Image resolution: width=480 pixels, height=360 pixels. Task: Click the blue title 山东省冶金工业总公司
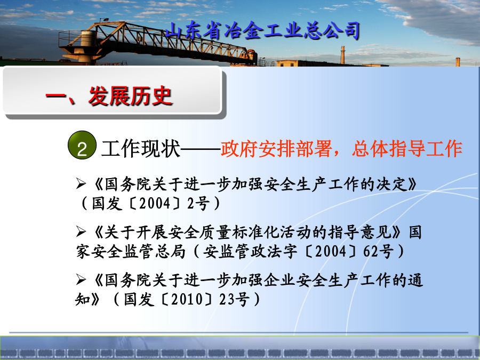tap(262, 31)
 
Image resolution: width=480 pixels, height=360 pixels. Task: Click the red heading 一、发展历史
tap(109, 96)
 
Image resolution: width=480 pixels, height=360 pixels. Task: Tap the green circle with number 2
tap(82, 145)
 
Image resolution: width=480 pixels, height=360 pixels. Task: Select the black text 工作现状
tap(140, 149)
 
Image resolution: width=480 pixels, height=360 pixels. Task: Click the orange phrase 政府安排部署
tap(276, 149)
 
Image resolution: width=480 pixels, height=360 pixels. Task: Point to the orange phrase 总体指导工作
tap(407, 149)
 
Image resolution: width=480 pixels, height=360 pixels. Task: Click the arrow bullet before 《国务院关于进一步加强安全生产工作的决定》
tap(81, 183)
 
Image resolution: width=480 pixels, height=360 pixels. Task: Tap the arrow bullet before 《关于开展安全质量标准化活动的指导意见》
tap(81, 231)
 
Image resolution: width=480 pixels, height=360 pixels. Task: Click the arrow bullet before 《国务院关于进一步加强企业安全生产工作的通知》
tap(81, 279)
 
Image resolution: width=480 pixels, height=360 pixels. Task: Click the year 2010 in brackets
tap(187, 299)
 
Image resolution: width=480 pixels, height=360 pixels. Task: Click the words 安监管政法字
tap(250, 251)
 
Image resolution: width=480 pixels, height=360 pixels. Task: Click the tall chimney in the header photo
tap(343, 55)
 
